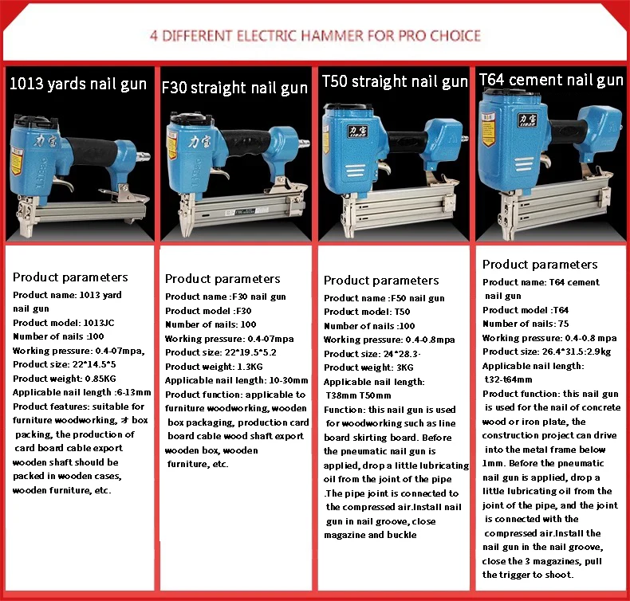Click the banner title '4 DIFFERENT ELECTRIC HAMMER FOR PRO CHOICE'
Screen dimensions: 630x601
315,36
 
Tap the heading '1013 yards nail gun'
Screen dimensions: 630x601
78,84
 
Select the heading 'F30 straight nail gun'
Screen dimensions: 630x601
234,88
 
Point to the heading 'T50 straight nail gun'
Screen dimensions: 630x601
395,81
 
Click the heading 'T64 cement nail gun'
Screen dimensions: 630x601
551,80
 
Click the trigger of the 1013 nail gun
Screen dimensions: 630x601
65,184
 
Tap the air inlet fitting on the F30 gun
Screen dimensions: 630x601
304,143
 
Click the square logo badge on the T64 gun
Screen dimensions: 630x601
528,120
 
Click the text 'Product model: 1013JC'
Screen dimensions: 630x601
64,323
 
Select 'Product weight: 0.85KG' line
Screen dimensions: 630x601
65,379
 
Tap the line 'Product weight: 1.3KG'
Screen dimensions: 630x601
214,367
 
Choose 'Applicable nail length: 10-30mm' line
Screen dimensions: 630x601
237,380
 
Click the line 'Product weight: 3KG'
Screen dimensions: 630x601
368,367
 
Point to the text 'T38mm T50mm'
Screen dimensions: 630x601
358,395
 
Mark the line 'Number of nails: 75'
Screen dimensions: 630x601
526,324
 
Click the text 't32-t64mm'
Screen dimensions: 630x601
508,379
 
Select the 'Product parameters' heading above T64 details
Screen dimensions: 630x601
540,265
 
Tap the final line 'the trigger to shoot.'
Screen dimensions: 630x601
528,575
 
